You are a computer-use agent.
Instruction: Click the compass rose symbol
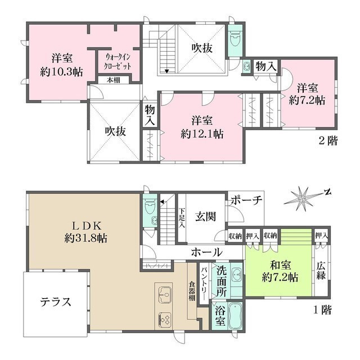point(304,197)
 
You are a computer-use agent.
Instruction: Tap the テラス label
point(55,301)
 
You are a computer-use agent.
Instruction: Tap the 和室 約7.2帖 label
point(280,271)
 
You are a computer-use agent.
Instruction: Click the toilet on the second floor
point(235,39)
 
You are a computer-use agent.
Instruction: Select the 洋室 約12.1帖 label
point(201,127)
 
